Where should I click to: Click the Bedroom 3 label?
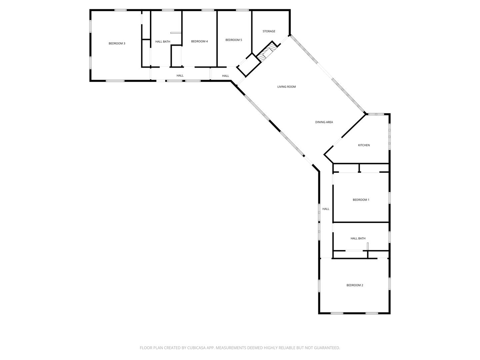click(x=117, y=44)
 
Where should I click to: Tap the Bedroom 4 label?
click(x=199, y=41)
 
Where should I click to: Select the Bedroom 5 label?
click(x=234, y=40)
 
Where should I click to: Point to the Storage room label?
click(x=269, y=31)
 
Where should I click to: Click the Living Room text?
click(x=287, y=87)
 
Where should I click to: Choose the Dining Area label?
click(x=324, y=122)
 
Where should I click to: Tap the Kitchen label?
click(x=364, y=145)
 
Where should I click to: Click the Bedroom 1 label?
click(x=361, y=200)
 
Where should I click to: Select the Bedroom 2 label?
click(x=355, y=285)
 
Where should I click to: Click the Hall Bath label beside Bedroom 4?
click(x=163, y=42)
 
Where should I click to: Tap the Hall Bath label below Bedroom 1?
click(x=358, y=239)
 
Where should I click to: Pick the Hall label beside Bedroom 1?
click(x=326, y=209)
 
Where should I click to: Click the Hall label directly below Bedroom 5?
click(x=226, y=76)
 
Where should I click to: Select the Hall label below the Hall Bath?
click(x=180, y=76)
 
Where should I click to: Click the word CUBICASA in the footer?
click(x=201, y=348)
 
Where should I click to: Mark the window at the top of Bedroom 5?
click(x=242, y=10)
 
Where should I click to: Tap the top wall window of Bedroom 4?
click(x=208, y=10)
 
